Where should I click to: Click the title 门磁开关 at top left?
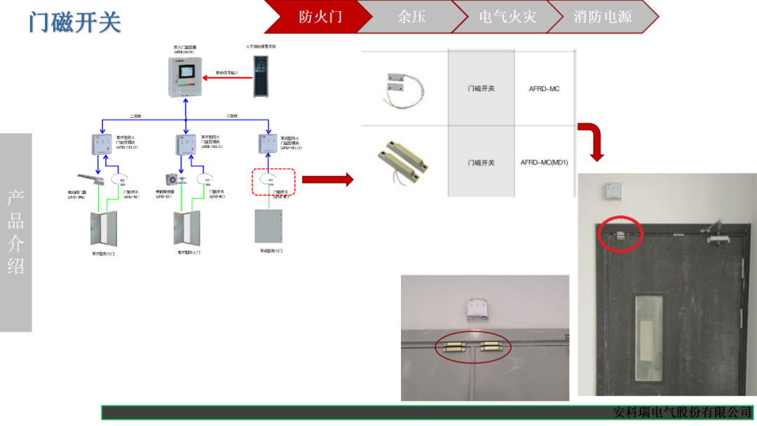pyautogui.click(x=75, y=22)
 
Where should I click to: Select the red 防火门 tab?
pyautogui.click(x=320, y=17)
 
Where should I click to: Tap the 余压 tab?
pyautogui.click(x=411, y=17)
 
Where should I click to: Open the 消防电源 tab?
pyautogui.click(x=602, y=17)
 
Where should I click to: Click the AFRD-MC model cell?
pyautogui.click(x=544, y=89)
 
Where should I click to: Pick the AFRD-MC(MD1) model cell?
pyautogui.click(x=544, y=163)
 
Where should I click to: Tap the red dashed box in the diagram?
pyautogui.click(x=274, y=181)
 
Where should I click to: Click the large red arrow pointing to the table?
pyautogui.click(x=336, y=180)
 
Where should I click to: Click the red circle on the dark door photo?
pyautogui.click(x=620, y=233)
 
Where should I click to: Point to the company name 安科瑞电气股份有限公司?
pyautogui.click(x=682, y=412)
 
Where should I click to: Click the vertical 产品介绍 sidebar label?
pyautogui.click(x=15, y=232)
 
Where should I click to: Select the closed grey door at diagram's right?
pyautogui.click(x=269, y=226)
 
